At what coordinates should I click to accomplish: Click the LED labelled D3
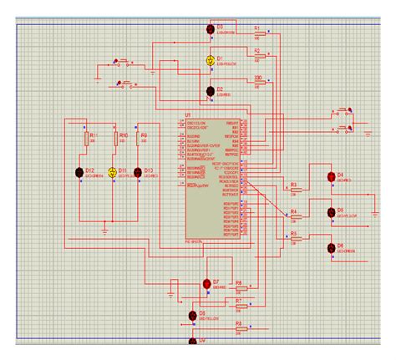click(x=210, y=28)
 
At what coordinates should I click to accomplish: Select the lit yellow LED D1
click(x=211, y=60)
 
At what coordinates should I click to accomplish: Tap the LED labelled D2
click(x=210, y=91)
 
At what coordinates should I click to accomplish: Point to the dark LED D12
click(x=79, y=173)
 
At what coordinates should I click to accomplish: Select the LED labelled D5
click(x=331, y=212)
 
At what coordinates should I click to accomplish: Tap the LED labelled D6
click(x=331, y=247)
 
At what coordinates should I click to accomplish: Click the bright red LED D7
click(x=206, y=285)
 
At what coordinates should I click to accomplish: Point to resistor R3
click(x=294, y=190)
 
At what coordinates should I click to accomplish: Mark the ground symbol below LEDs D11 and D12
click(x=104, y=228)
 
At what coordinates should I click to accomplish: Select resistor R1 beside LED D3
click(x=258, y=35)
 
